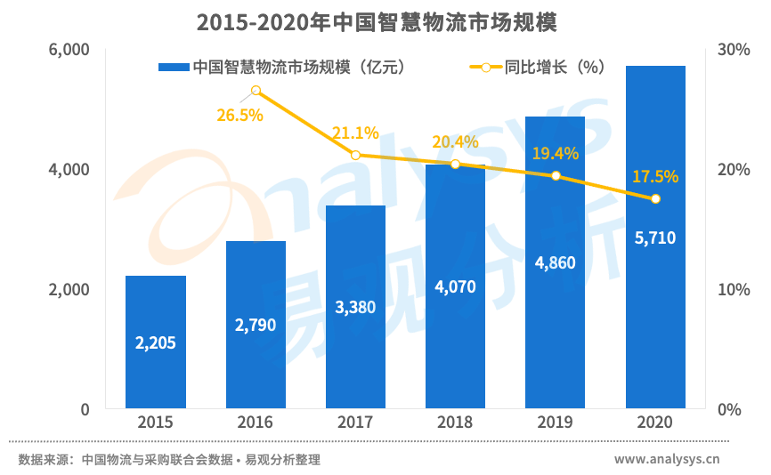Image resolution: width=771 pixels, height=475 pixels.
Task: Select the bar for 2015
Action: click(x=156, y=342)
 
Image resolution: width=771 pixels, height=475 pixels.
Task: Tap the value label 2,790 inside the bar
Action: click(x=256, y=326)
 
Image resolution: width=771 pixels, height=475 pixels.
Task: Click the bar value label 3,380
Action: click(x=355, y=308)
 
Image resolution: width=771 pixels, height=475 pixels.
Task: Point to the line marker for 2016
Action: click(x=256, y=91)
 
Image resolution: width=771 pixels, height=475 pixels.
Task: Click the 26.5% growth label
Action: click(x=239, y=115)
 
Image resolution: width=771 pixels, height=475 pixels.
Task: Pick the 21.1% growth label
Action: click(x=355, y=133)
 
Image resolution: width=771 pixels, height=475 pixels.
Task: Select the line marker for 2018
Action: click(x=455, y=164)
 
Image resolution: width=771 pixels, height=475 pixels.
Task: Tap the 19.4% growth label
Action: click(x=556, y=154)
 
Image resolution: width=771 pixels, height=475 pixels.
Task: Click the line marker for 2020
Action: click(x=655, y=198)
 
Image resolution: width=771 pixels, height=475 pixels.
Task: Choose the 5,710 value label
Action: click(x=655, y=237)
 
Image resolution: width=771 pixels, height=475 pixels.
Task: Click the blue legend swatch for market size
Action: click(x=174, y=68)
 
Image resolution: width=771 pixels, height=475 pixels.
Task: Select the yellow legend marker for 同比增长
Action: click(x=485, y=68)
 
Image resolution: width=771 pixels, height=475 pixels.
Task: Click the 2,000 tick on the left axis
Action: click(x=71, y=290)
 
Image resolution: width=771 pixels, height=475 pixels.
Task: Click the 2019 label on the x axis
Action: click(x=556, y=423)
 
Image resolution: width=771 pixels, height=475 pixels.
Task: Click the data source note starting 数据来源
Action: click(x=169, y=460)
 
